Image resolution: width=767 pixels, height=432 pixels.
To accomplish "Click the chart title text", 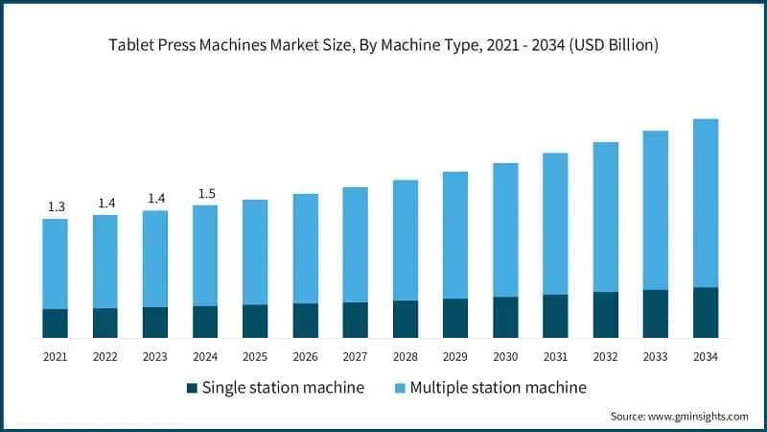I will (x=383, y=45).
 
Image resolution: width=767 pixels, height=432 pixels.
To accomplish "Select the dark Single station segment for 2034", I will (x=706, y=312).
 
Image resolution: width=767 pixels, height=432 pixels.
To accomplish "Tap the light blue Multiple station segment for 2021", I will (x=56, y=264).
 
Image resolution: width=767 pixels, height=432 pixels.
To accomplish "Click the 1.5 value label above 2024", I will (x=206, y=194).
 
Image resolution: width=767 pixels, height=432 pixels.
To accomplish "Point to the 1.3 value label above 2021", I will (x=56, y=207).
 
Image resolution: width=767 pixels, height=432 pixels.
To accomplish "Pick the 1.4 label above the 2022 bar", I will (x=105, y=204).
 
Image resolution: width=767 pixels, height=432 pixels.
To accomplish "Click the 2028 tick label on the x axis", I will (x=406, y=356).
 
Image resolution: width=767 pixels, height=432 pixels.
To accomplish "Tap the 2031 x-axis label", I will (x=555, y=356).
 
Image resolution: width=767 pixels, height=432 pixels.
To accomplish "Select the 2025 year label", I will (x=255, y=356).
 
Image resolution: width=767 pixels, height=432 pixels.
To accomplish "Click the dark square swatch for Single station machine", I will (x=191, y=388).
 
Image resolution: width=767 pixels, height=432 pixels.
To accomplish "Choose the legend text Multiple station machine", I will (x=498, y=388).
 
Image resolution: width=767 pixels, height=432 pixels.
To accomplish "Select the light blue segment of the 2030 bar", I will (x=505, y=230).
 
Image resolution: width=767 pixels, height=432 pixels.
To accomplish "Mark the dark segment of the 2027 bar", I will (x=356, y=320).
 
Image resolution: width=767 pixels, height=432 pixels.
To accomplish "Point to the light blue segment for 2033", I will (x=656, y=210).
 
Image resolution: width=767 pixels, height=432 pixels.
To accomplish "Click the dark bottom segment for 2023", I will (x=155, y=323).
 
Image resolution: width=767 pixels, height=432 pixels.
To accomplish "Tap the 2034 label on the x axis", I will (x=706, y=356).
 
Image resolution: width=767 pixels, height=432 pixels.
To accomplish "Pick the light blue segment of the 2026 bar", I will (x=306, y=249).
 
